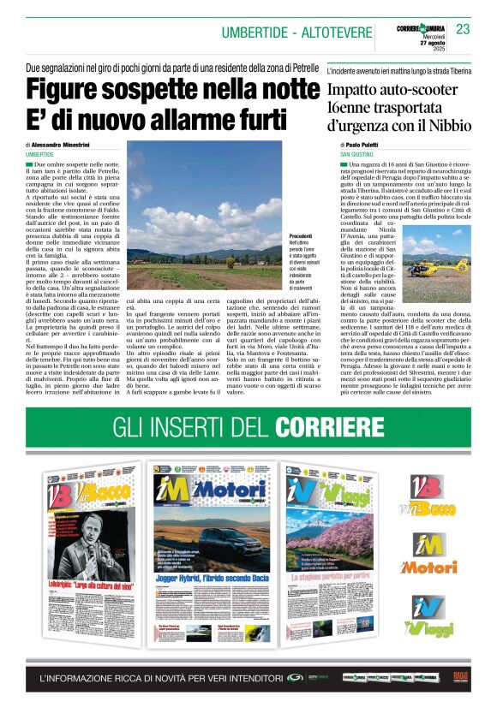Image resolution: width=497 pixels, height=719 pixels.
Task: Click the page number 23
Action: [x=463, y=29]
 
